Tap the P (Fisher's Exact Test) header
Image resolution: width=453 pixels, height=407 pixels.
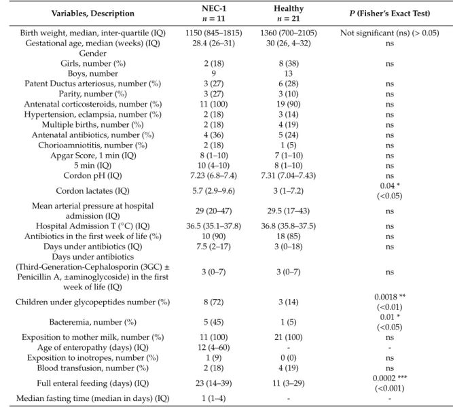(390, 14)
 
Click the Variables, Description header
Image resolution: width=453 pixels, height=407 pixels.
(93, 14)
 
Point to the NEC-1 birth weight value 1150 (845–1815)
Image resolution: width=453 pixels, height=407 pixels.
(213, 33)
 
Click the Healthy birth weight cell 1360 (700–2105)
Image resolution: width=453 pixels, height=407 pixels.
(289, 33)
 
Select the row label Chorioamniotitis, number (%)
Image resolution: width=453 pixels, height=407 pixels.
(93, 145)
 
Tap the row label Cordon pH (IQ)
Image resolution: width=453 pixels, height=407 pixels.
(93, 176)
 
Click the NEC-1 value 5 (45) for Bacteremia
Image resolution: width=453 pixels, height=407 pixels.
(213, 322)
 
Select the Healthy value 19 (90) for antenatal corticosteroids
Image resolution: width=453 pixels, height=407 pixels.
(289, 105)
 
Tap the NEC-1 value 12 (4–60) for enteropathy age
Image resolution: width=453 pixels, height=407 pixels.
(213, 347)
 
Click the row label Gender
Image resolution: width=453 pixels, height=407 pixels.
(93, 54)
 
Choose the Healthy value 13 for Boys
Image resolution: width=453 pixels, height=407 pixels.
(289, 73)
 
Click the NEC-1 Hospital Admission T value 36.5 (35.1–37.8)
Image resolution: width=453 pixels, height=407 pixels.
(213, 226)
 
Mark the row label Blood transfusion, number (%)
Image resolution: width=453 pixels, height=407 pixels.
(93, 368)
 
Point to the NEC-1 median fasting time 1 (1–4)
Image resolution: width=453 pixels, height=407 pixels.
(213, 399)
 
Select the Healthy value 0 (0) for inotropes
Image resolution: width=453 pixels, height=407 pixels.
(289, 358)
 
